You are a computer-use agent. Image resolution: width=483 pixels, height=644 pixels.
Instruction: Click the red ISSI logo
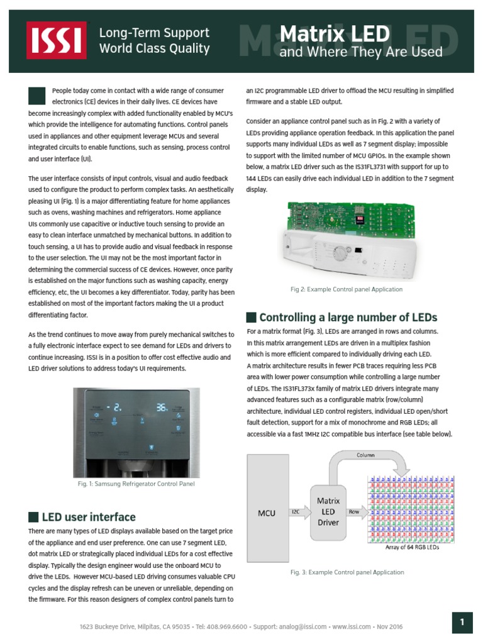56,40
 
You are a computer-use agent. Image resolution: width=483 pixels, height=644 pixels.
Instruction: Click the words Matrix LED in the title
333,34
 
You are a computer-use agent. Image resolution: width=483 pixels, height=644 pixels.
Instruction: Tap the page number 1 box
462,623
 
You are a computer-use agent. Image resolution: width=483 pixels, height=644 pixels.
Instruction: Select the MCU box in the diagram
267,513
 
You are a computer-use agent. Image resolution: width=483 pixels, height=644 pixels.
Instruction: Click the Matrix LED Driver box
328,511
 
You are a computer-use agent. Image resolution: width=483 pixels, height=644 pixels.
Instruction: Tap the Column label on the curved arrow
365,455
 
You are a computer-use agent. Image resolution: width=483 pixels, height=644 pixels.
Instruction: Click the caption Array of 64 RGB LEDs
412,548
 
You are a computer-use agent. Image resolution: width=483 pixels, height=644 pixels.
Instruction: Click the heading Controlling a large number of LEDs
348,317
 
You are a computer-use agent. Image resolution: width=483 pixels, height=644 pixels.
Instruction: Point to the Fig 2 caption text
347,289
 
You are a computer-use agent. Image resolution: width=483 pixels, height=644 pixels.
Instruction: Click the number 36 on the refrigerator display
162,408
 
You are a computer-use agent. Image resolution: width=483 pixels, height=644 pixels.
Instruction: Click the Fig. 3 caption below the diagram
347,572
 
